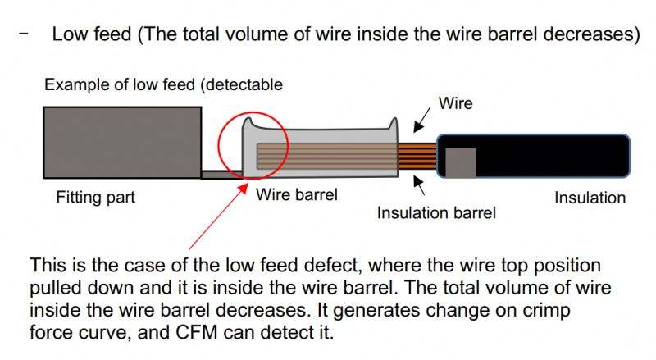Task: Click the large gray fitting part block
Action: coord(122,142)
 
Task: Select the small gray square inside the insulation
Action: coord(459,162)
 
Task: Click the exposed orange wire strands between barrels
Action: coord(416,156)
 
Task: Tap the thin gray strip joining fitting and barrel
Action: coord(221,174)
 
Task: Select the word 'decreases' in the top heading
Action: coord(583,35)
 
